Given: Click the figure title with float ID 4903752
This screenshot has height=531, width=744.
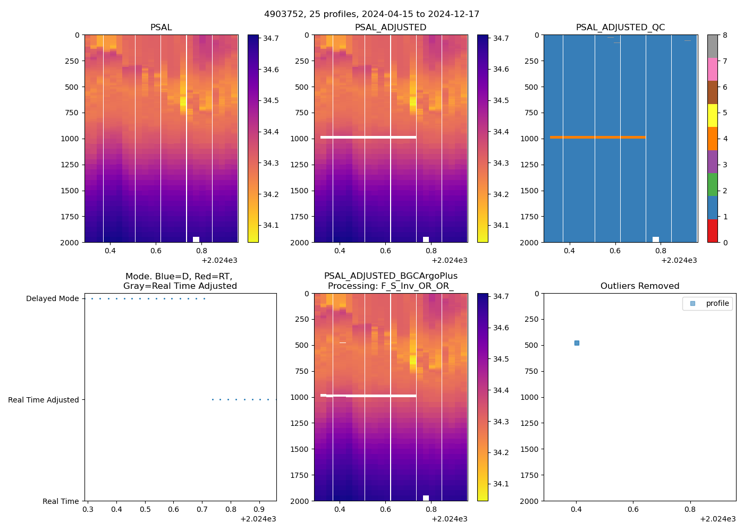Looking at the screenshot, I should (371, 14).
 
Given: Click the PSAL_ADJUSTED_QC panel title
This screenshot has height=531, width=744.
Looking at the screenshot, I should (620, 27).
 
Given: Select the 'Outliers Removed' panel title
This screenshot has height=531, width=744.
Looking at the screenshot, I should (640, 286).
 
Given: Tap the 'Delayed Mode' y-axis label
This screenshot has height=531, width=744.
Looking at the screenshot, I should (52, 298).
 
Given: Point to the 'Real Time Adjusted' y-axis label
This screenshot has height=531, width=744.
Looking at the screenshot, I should (43, 400).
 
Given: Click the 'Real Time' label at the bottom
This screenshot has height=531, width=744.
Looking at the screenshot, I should (61, 501).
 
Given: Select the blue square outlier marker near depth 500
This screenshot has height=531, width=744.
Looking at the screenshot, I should (577, 343).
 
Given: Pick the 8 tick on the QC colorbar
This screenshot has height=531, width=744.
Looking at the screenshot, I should (725, 35).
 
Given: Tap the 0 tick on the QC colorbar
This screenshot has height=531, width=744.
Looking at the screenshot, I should (725, 242).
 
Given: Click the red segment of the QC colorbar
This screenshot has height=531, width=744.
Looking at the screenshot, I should (712, 231).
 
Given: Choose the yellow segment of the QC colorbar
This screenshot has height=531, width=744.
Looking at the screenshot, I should (712, 115).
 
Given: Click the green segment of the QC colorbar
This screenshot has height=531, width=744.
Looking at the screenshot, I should (712, 184).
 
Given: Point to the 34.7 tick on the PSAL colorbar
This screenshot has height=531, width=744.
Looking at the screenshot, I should (271, 38).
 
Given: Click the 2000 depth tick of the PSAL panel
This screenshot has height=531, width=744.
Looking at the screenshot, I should (72, 242).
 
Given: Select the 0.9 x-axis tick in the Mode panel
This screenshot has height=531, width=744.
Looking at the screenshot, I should (259, 509).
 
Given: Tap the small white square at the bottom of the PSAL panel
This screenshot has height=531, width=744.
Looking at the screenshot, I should (196, 239).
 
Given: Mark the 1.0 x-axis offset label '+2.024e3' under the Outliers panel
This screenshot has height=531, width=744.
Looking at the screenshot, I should (717, 519).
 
